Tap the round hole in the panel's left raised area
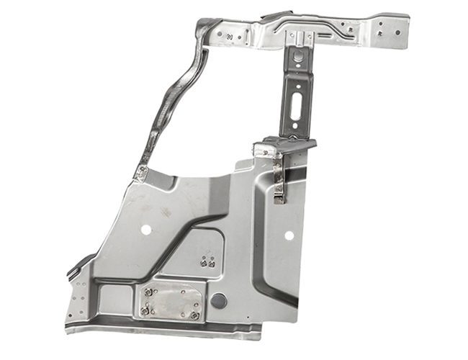(x=146, y=230)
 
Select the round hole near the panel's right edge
(x=289, y=235)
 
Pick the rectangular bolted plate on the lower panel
(x=171, y=302)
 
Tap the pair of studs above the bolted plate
(x=207, y=262)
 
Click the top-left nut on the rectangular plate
(x=149, y=292)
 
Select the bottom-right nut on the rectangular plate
(x=195, y=315)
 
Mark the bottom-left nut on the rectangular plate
(x=146, y=311)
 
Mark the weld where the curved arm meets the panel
(x=143, y=172)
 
